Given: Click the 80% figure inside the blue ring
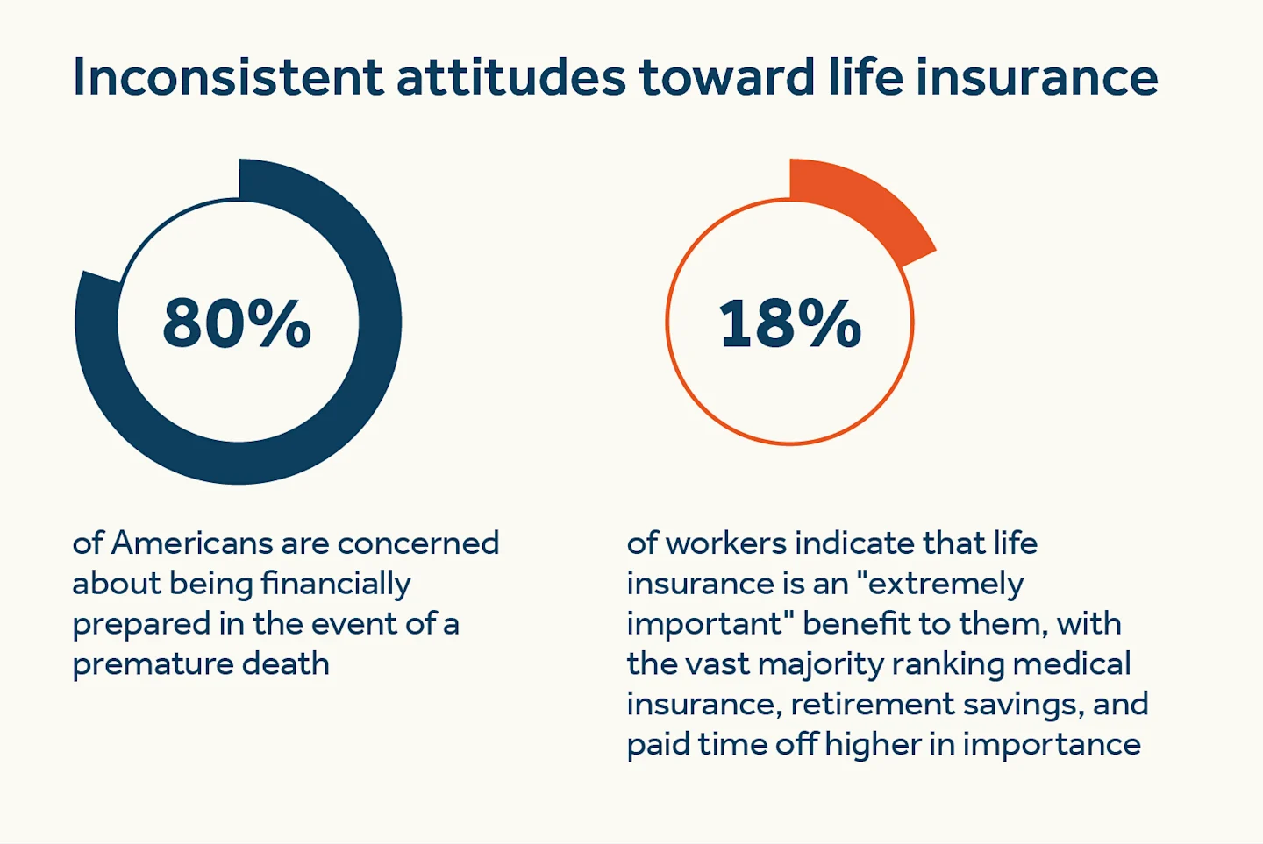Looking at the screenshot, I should coord(237,323).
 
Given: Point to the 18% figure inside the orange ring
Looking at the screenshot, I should coord(789,323).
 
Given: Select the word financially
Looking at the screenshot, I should coord(336,585).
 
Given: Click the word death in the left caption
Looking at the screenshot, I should coord(286,664).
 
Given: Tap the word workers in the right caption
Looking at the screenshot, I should coord(726,543).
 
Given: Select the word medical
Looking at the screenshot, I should coord(1072,664).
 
